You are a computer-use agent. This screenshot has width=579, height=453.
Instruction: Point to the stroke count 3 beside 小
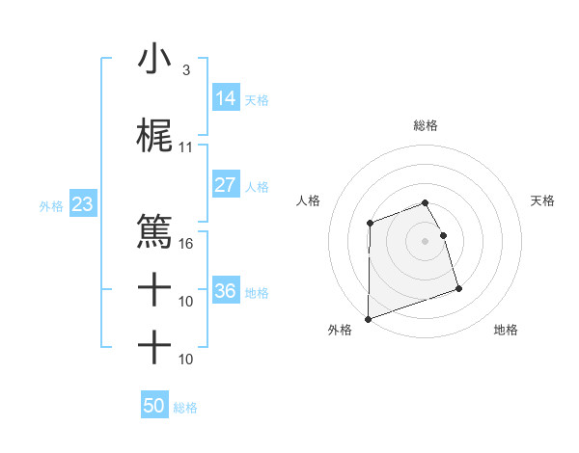185,70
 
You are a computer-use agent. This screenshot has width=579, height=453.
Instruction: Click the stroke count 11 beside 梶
186,147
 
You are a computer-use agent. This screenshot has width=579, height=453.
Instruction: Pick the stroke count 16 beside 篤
186,243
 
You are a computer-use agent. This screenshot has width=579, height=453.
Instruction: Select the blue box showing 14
225,98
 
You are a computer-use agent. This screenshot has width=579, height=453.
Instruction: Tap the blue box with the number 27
225,185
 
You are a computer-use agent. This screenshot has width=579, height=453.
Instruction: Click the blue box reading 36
225,290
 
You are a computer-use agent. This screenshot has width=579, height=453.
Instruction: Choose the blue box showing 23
82,204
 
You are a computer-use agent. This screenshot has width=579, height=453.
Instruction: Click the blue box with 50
153,406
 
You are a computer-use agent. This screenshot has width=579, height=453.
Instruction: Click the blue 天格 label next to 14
257,100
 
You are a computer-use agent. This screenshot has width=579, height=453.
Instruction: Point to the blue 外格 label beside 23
51,205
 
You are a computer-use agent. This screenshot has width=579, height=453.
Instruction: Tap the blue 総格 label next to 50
185,408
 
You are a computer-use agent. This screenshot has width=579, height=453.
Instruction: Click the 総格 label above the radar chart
426,125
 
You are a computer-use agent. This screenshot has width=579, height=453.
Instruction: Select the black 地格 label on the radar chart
506,330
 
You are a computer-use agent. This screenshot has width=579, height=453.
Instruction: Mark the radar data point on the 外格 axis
368,319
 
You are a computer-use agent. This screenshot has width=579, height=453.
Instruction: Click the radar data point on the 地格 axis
458,289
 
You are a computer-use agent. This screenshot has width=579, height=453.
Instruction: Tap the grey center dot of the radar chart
426,240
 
